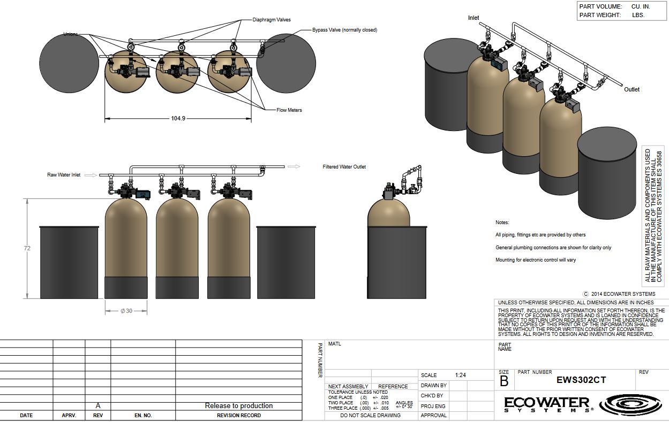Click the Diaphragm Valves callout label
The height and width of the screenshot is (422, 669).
pos(272,20)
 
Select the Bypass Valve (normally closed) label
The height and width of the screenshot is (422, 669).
pos(344,30)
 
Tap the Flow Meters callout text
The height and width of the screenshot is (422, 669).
pos(289,110)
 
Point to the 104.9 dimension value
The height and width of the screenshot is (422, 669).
pos(178,118)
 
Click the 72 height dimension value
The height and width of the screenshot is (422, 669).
pos(27,248)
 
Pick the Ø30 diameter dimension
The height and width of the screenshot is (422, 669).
pos(126,311)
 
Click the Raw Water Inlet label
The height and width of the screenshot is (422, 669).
pos(64,175)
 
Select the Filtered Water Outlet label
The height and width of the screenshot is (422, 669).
pos(344,167)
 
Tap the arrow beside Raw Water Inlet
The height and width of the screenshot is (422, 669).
pos(91,175)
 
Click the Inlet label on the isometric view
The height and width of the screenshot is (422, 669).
pos(473,18)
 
